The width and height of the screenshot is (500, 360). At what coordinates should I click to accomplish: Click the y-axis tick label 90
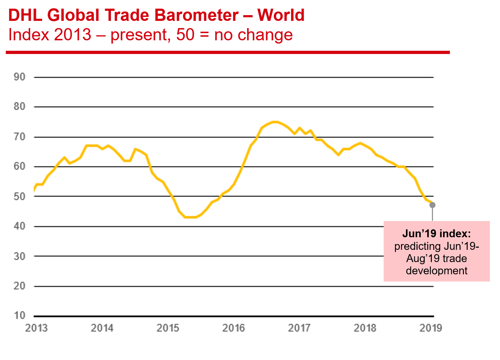(x=19, y=77)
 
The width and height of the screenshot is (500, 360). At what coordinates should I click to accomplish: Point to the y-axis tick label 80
(x=19, y=107)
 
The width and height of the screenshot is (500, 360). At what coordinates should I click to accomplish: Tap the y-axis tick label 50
(x=19, y=197)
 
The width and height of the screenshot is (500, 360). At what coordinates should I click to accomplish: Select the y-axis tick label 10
(x=19, y=316)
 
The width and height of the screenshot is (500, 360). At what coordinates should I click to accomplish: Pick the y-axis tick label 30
(x=19, y=256)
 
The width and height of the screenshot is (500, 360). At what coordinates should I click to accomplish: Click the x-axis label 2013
(x=36, y=328)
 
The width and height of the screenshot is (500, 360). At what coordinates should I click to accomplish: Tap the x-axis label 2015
(x=168, y=328)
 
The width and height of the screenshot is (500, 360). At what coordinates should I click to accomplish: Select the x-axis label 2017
(x=299, y=328)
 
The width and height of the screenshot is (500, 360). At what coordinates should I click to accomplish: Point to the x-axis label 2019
(x=431, y=328)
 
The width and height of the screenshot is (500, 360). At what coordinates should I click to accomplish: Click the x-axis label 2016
(x=233, y=328)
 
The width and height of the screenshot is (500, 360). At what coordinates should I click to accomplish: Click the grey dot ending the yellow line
(x=433, y=205)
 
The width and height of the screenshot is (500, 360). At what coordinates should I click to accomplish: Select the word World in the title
(x=281, y=15)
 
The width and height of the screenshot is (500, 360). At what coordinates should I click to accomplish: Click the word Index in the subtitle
(x=29, y=35)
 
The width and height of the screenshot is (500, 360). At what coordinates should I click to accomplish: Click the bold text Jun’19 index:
(x=437, y=234)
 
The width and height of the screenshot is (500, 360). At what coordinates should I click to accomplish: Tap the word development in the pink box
(x=437, y=271)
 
